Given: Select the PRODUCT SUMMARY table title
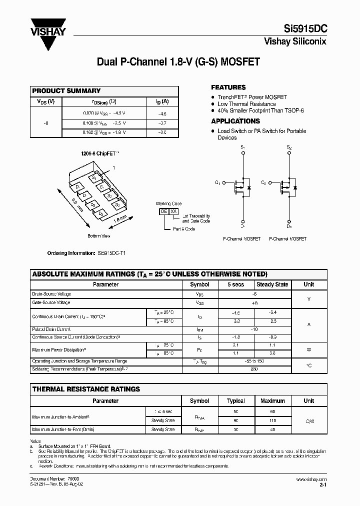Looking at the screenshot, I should [66, 91].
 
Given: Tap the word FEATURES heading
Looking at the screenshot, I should [228, 87].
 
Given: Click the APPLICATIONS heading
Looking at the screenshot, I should [235, 121].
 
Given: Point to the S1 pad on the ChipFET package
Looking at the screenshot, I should [93, 177].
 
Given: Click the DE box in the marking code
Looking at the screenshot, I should [163, 211].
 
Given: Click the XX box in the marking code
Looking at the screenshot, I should [173, 211].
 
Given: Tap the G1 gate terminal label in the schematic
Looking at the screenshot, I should [218, 183].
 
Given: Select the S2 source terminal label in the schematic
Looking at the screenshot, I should [288, 147].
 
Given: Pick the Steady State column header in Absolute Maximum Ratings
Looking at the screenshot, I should [272, 284].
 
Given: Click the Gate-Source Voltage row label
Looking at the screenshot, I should [51, 302].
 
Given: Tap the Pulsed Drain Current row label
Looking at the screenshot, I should [51, 329].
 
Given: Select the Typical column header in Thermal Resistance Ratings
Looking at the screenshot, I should [235, 401].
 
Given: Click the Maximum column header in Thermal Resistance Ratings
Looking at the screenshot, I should [272, 401].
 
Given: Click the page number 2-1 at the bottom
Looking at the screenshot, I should [322, 485].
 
